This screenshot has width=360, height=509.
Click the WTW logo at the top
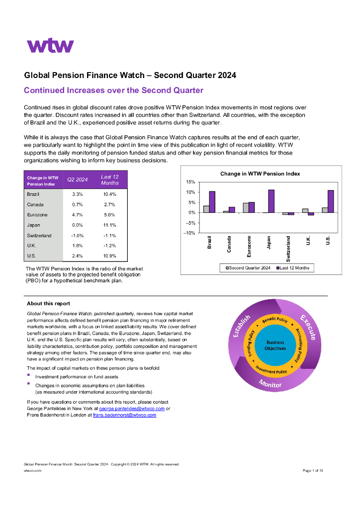(x=50, y=46)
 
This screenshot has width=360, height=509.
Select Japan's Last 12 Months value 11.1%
(x=109, y=225)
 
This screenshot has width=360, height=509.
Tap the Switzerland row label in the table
(x=39, y=236)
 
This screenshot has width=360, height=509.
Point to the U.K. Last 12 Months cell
(x=109, y=246)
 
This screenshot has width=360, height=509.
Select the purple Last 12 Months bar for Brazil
(x=212, y=202)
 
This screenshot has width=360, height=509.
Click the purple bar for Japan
(x=271, y=201)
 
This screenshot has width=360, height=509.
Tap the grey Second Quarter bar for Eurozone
(x=246, y=208)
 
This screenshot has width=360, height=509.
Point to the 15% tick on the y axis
(x=190, y=182)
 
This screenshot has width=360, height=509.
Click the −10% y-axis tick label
(x=189, y=233)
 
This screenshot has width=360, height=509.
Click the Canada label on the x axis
(x=229, y=244)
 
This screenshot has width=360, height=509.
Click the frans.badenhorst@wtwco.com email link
(x=124, y=415)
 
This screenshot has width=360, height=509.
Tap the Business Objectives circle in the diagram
(x=275, y=345)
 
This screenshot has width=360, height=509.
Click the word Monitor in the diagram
(x=270, y=384)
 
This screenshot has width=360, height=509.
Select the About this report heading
(x=48, y=304)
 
